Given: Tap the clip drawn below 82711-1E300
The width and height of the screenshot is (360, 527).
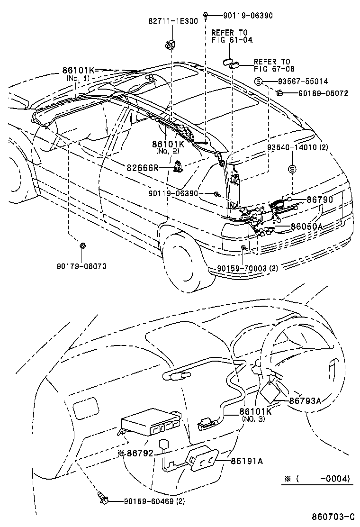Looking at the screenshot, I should tap(169, 45).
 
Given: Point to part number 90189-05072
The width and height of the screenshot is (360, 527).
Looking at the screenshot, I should tap(324, 93).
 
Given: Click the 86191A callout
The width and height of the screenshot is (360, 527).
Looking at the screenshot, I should tap(247, 460).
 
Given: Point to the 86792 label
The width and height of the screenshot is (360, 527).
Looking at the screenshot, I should tap(140, 453).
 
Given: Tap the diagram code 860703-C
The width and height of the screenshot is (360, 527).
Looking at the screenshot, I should tap(333, 516).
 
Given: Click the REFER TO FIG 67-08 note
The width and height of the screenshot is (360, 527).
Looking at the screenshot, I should tap(272, 65).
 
